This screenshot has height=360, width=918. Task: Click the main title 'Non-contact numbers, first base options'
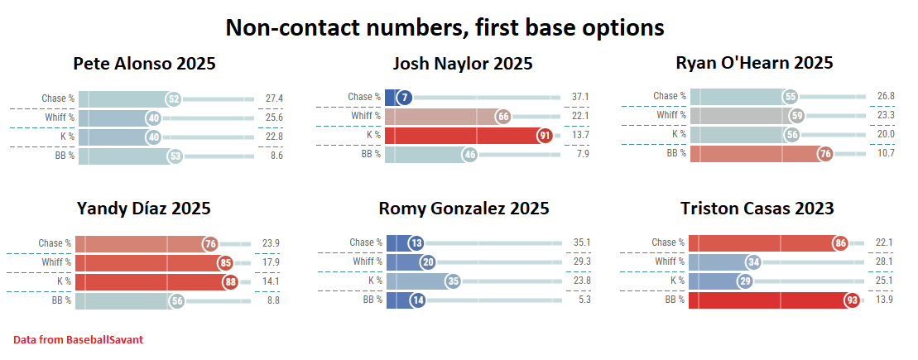coord(445,27)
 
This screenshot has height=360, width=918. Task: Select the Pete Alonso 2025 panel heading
coord(144,64)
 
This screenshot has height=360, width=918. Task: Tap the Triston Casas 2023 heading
coord(757,208)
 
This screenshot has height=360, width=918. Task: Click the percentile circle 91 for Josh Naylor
coord(544,135)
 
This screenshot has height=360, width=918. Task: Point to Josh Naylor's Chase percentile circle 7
coord(404,98)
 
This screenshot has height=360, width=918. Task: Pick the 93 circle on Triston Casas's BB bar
coord(852,300)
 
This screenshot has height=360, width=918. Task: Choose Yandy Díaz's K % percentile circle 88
coord(230,281)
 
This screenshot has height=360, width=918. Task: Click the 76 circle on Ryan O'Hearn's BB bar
coord(824,153)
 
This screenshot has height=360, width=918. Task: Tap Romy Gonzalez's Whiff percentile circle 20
coord(428,262)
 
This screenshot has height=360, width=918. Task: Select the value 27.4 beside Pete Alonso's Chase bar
coord(275,98)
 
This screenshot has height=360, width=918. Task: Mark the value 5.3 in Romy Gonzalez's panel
coord(580,300)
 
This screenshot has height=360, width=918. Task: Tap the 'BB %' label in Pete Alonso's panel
coord(64,155)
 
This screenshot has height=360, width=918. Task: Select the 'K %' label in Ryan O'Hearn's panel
coord(679,134)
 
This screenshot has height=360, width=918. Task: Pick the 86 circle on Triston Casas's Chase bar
coord(840,243)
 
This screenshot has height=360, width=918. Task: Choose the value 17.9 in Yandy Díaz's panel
coord(271,262)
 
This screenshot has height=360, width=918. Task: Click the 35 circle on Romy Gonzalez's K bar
coord(453,281)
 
